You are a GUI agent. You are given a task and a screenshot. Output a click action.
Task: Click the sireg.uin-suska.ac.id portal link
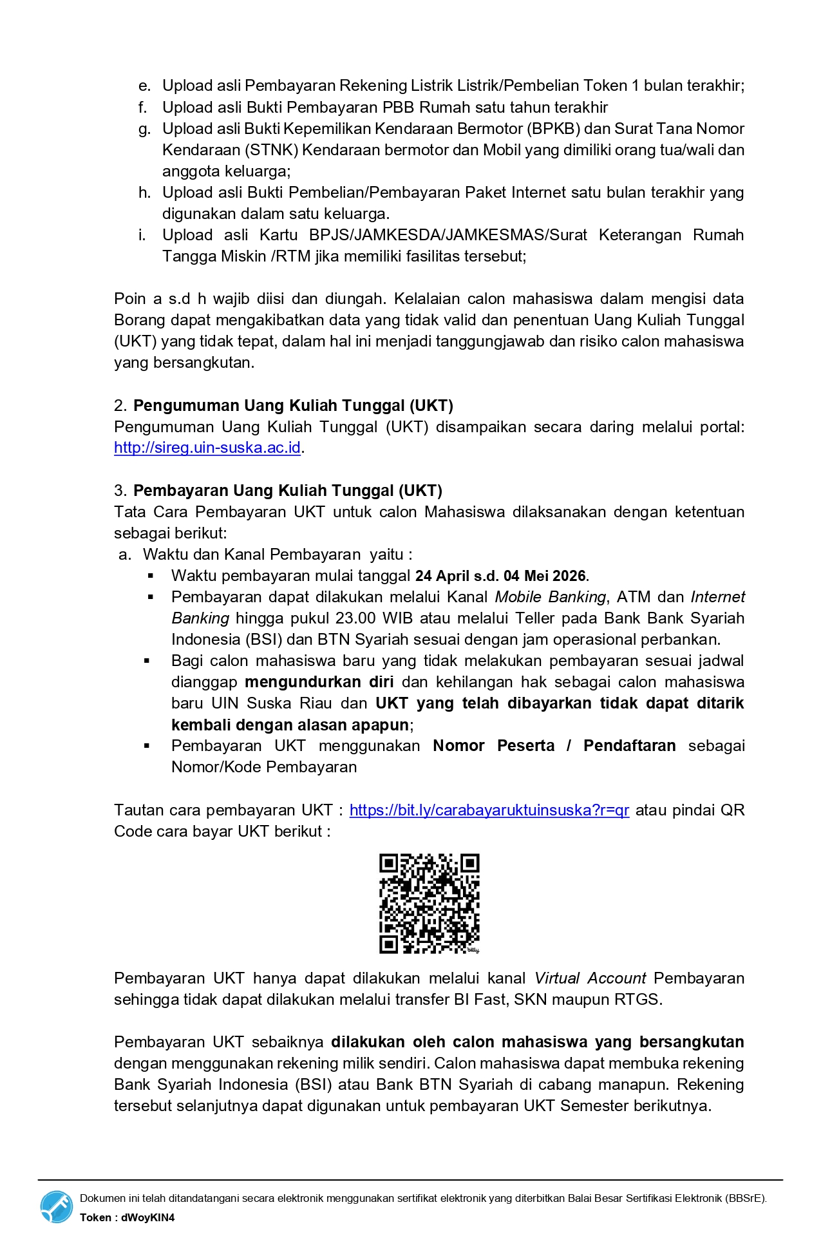pyautogui.click(x=207, y=448)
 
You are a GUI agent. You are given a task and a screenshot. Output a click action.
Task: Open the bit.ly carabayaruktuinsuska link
pyautogui.click(x=489, y=810)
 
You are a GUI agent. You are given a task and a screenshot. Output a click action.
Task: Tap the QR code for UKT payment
pyautogui.click(x=429, y=904)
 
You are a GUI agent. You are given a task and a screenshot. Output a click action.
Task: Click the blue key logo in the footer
pyautogui.click(x=57, y=1206)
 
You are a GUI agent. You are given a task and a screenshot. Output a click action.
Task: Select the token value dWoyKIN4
pyautogui.click(x=147, y=1217)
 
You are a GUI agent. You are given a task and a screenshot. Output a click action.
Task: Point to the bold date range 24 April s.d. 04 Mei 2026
pyautogui.click(x=501, y=576)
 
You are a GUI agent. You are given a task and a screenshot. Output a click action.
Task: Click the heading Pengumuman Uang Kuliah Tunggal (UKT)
pyautogui.click(x=293, y=406)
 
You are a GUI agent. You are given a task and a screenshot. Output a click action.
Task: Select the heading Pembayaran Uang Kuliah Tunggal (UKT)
pyautogui.click(x=287, y=491)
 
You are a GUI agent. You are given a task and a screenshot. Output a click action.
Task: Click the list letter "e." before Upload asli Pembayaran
pyautogui.click(x=145, y=86)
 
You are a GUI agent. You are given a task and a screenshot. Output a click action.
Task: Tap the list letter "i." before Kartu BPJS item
pyautogui.click(x=142, y=235)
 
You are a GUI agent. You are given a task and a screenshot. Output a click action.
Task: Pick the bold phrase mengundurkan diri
pyautogui.click(x=319, y=682)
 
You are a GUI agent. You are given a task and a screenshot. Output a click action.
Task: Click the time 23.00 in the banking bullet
pyautogui.click(x=357, y=618)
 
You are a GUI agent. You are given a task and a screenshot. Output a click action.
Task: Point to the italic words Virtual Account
pyautogui.click(x=590, y=978)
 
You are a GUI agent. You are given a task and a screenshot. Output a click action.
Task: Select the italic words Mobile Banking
pyautogui.click(x=550, y=597)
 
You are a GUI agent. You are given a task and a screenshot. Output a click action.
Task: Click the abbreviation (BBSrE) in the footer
pyautogui.click(x=745, y=1199)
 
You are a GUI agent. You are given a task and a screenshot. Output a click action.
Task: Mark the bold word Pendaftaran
pyautogui.click(x=629, y=746)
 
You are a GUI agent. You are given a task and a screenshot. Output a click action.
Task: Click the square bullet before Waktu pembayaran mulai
pyautogui.click(x=151, y=576)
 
